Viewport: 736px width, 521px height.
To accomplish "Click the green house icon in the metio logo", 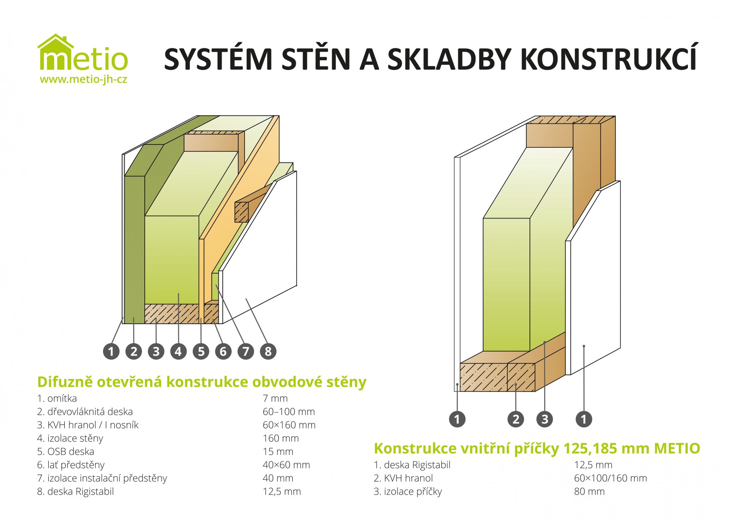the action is (x=56, y=42).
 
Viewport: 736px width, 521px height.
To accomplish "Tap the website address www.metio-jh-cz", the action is (x=83, y=80).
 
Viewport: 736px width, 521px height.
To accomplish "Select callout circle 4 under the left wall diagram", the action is (x=178, y=351).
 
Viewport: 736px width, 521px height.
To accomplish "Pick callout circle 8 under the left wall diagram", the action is (x=268, y=351).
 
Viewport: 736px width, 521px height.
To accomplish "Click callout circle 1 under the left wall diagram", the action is (x=111, y=351).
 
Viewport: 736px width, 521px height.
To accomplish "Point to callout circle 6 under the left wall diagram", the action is (x=223, y=351).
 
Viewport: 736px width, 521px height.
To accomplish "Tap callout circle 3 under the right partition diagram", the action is (x=545, y=419).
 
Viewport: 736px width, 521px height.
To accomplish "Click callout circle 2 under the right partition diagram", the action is (x=516, y=419).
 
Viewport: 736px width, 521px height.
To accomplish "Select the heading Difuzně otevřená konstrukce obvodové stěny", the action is (x=202, y=382).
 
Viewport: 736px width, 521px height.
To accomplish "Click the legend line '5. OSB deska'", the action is (x=65, y=451).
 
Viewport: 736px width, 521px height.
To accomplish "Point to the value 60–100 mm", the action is (x=289, y=412).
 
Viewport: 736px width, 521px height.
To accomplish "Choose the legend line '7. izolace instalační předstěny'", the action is (x=102, y=478).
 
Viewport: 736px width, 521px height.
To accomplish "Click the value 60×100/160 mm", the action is (x=610, y=478).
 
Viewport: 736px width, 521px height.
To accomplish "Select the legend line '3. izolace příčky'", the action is (x=408, y=492).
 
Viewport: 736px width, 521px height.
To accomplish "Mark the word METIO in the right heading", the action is (x=677, y=449).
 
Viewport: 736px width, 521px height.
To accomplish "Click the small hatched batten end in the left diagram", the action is (x=242, y=212).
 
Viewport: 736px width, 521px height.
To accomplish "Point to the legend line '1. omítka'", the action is (x=57, y=398).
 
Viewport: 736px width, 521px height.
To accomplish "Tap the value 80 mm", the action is (x=589, y=492).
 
